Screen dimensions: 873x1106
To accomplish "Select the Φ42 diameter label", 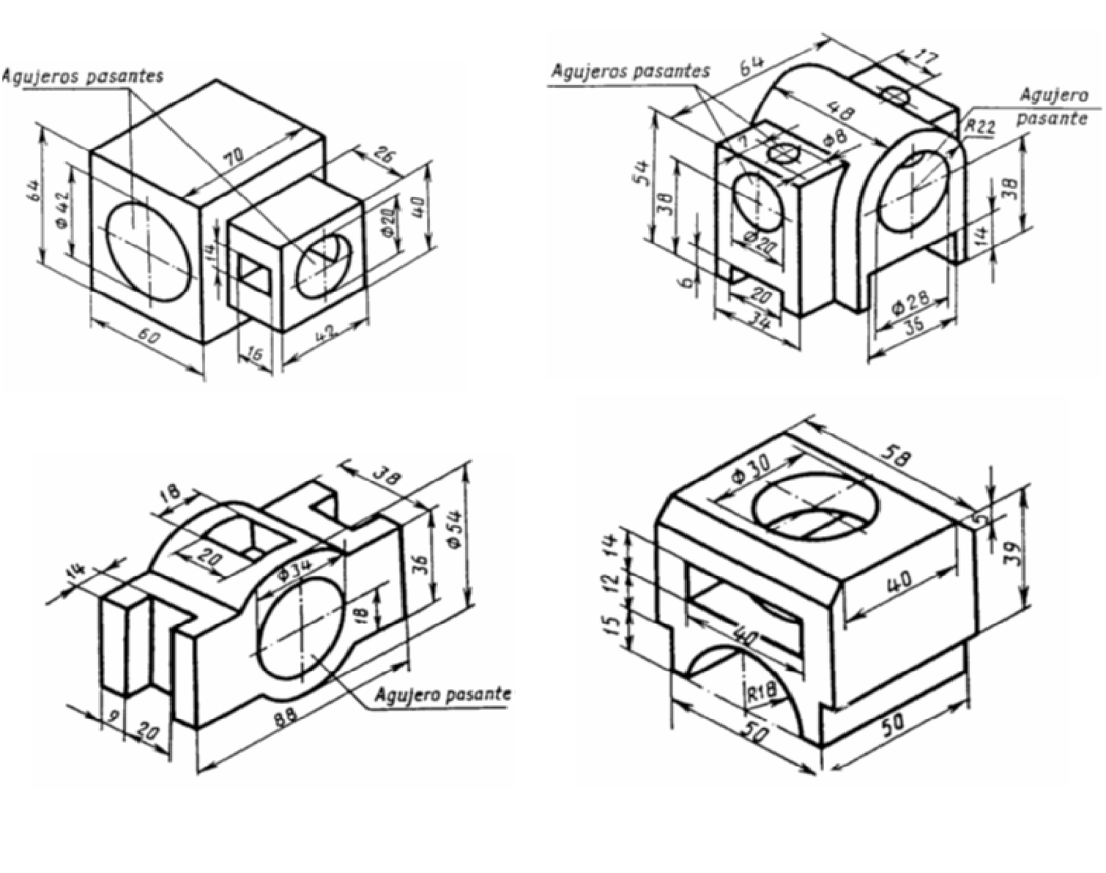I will pyautogui.click(x=62, y=212).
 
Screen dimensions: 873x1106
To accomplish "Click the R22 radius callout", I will pyautogui.click(x=980, y=127).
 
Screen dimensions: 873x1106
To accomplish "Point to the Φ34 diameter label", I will pyautogui.click(x=296, y=565).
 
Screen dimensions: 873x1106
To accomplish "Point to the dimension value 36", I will pyautogui.click(x=420, y=565).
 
